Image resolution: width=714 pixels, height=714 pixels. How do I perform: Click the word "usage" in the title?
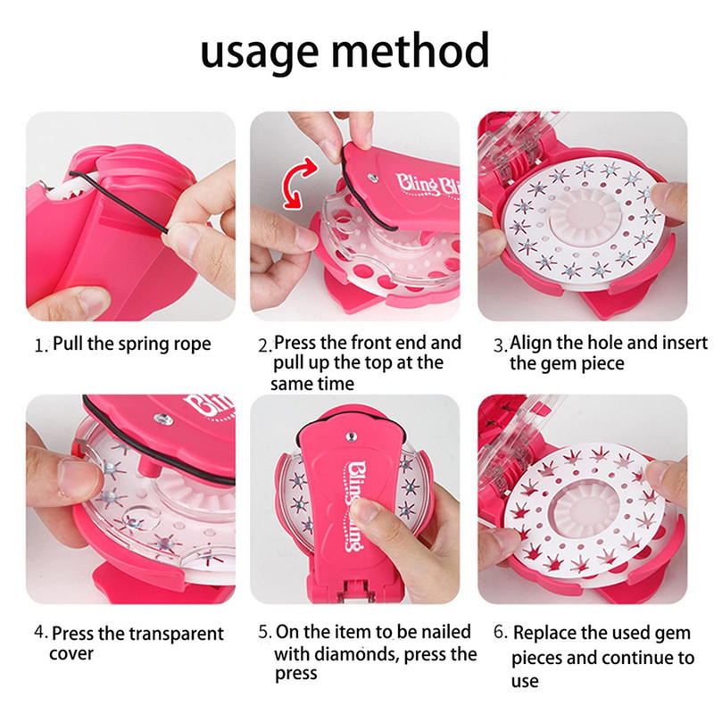pos(259,53)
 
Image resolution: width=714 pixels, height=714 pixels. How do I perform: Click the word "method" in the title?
pos(411,49)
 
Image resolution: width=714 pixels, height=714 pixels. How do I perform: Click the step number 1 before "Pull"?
pos(41,346)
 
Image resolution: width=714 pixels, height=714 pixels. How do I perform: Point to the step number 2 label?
pos(264,346)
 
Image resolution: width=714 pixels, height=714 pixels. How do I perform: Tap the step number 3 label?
pos(501,346)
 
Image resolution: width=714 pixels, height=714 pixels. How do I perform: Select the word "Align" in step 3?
pos(530,344)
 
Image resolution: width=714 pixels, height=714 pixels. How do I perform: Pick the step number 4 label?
pos(41,632)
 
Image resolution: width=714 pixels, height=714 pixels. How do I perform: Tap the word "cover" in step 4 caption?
pos(71,654)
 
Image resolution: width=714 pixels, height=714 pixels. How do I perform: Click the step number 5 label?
pos(265,632)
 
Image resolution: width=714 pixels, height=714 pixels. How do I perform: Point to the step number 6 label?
pos(501,632)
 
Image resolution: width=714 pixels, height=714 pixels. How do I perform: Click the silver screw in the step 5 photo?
pos(351,437)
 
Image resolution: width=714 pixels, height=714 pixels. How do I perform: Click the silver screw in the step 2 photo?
pos(373,177)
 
